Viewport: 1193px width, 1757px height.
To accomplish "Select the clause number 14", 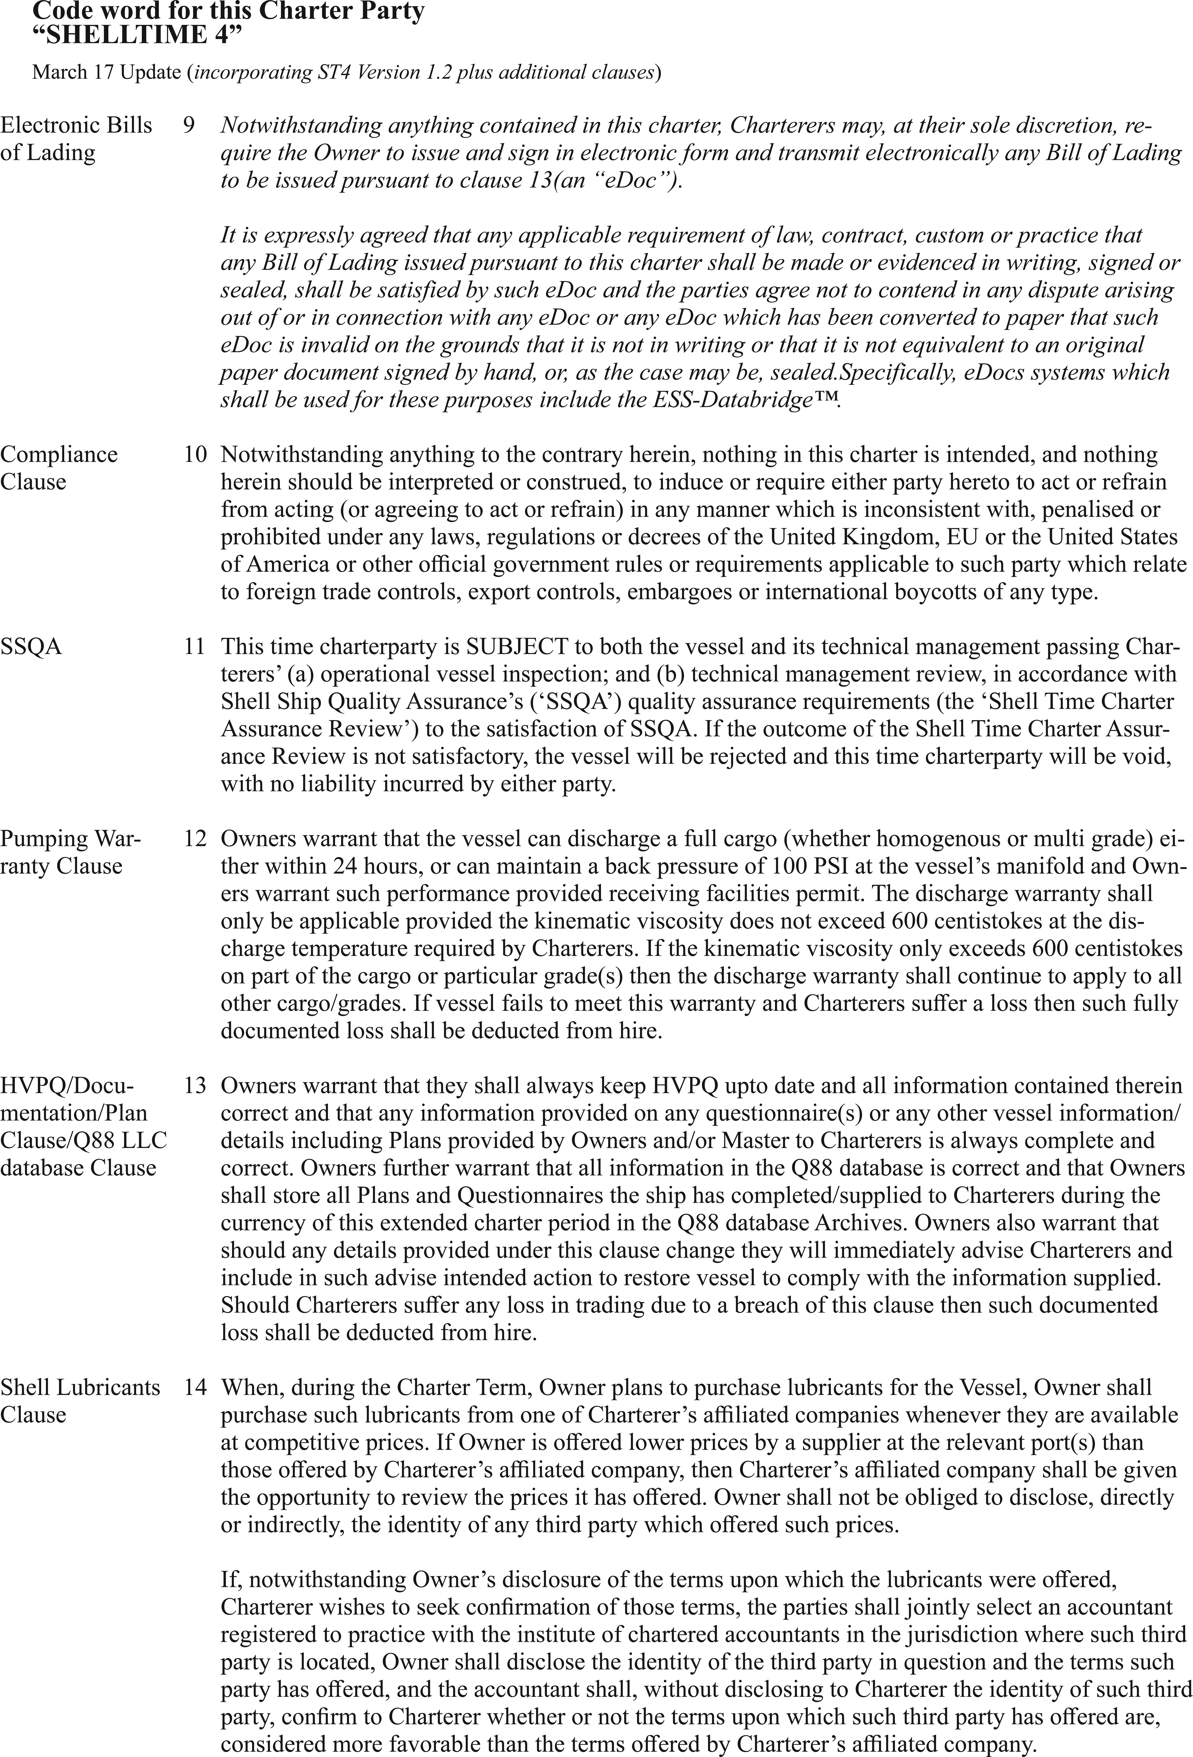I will (x=194, y=1387).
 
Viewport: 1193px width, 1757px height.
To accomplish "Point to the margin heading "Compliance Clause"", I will (x=59, y=468).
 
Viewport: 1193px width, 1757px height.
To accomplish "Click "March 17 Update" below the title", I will (x=106, y=73).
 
